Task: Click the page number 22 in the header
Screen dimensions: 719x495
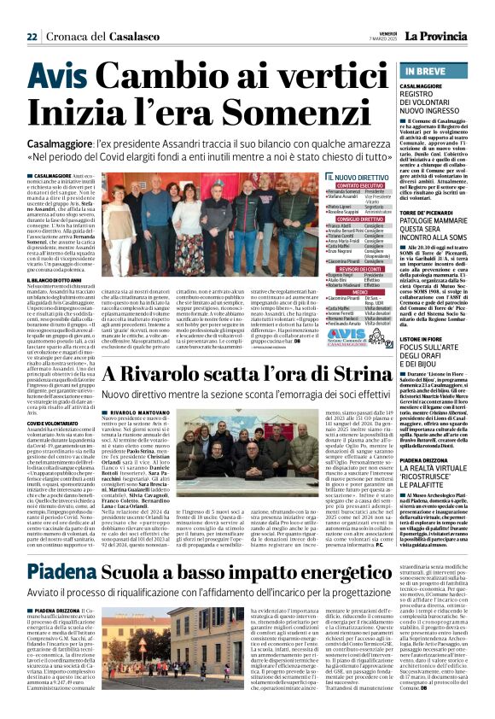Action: point(32,37)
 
